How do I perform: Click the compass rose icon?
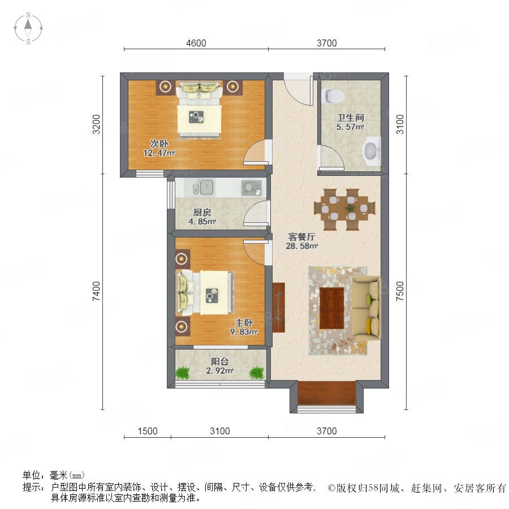click(28, 28)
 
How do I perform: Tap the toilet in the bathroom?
click(333, 96)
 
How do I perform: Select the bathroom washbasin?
click(371, 150)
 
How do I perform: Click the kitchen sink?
click(203, 187)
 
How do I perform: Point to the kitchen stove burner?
click(251, 188)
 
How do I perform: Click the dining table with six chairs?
click(344, 209)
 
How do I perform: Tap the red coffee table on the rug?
click(332, 308)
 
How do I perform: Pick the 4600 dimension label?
click(196, 43)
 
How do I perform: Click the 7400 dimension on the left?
click(96, 291)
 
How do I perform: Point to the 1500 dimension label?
click(148, 431)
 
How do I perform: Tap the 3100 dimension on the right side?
click(400, 124)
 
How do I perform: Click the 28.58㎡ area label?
click(301, 246)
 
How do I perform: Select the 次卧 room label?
click(159, 143)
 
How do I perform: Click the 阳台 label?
click(220, 361)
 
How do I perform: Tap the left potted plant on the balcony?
click(183, 373)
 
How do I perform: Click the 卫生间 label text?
click(350, 118)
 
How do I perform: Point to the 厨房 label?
click(202, 213)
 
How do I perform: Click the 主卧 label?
click(244, 323)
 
